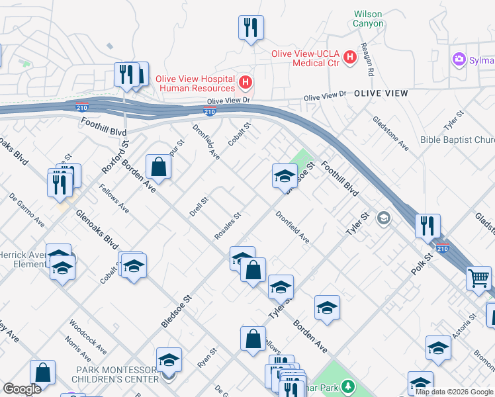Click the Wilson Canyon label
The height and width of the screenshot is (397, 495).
point(368,19)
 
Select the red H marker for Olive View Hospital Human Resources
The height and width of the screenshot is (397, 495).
point(246,83)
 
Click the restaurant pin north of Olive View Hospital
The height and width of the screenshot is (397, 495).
point(251,28)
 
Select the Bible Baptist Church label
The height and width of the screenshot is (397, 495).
point(457,140)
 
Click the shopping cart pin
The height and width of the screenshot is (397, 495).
point(479,278)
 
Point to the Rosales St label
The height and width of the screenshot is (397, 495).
point(227,226)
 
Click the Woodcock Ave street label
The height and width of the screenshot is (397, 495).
point(87,338)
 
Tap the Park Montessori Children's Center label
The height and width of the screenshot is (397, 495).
point(117,375)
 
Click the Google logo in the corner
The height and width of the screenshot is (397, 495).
point(21,389)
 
